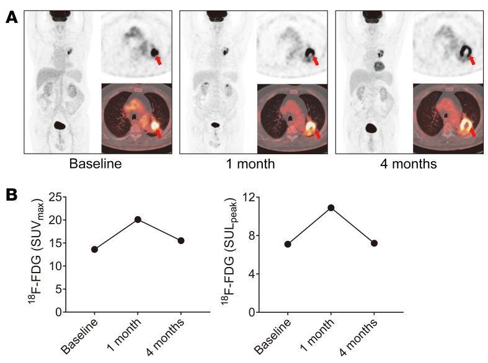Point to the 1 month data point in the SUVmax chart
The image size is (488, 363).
(138, 219)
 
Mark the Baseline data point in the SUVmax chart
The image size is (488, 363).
(94, 249)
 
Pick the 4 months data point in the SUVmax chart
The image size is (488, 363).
(181, 240)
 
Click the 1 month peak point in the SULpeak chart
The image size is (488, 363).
(331, 208)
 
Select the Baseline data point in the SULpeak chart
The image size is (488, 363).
(288, 244)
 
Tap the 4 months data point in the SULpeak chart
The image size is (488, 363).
(375, 243)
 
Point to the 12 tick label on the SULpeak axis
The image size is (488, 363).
(250, 197)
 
